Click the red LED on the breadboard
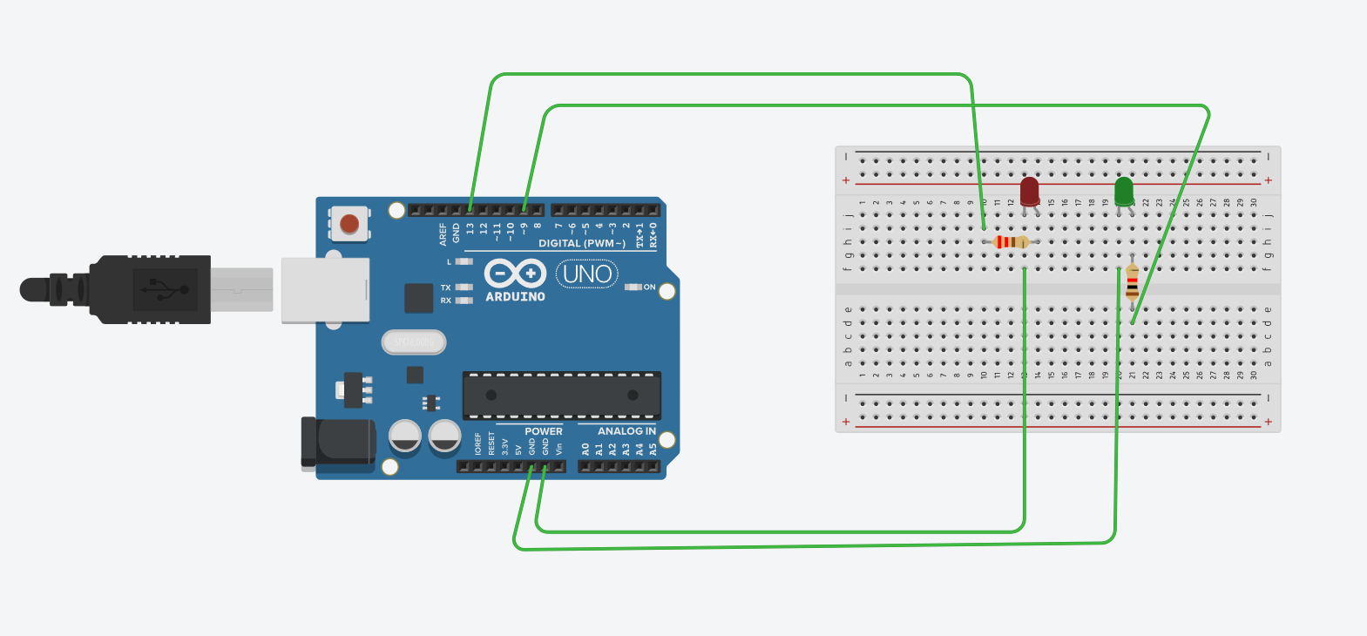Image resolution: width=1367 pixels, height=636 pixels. (x=1030, y=191)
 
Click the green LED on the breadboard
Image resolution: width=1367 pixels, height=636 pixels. (x=1124, y=191)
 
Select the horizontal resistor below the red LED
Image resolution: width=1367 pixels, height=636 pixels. (x=1012, y=242)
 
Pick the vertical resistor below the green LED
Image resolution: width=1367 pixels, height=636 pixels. (x=1132, y=282)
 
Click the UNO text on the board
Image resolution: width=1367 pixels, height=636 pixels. (x=587, y=274)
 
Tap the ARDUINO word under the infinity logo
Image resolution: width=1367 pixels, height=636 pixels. (x=515, y=297)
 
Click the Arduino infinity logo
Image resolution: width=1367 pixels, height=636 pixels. (x=515, y=274)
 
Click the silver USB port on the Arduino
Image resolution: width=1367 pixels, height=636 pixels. (x=325, y=290)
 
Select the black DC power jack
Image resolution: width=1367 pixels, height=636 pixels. (x=335, y=443)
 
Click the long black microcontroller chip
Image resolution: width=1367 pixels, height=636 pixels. (x=561, y=395)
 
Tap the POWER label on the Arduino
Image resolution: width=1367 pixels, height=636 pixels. (x=543, y=431)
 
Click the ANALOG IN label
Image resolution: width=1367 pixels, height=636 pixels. (x=626, y=431)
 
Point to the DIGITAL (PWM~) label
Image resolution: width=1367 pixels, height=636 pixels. (x=581, y=243)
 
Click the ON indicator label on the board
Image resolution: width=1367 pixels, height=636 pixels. (x=649, y=287)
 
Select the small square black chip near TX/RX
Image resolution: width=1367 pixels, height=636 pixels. (x=418, y=298)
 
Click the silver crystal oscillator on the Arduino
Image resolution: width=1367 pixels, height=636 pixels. (x=414, y=342)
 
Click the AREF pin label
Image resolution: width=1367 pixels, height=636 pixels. (x=443, y=233)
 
